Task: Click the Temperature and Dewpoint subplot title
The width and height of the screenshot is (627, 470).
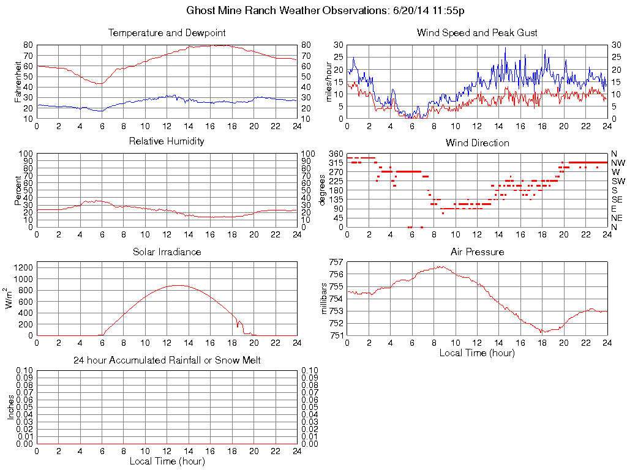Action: click(x=167, y=32)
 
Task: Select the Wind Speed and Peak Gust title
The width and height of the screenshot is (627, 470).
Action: click(x=477, y=32)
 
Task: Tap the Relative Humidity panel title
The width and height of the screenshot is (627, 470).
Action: click(x=167, y=141)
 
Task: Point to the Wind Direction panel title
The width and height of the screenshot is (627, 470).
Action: click(x=477, y=143)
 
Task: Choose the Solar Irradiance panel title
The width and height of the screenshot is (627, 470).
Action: click(x=167, y=252)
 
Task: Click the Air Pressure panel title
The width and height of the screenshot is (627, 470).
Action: click(x=477, y=252)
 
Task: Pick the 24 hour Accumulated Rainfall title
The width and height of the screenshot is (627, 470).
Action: click(x=167, y=360)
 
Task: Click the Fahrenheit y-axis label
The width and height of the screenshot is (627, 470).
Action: click(x=18, y=81)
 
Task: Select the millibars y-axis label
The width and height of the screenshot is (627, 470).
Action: click(x=325, y=299)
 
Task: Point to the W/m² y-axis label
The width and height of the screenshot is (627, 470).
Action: click(x=10, y=299)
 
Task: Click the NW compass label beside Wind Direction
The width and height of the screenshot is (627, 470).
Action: click(x=617, y=163)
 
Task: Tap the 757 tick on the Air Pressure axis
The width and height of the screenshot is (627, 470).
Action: click(x=336, y=262)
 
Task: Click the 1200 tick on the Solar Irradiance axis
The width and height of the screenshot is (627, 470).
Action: click(x=23, y=267)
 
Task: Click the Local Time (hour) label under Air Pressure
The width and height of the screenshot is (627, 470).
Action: click(x=477, y=352)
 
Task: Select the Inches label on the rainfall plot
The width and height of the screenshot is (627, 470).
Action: click(x=11, y=407)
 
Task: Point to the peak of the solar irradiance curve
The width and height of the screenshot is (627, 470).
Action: click(x=178, y=285)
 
